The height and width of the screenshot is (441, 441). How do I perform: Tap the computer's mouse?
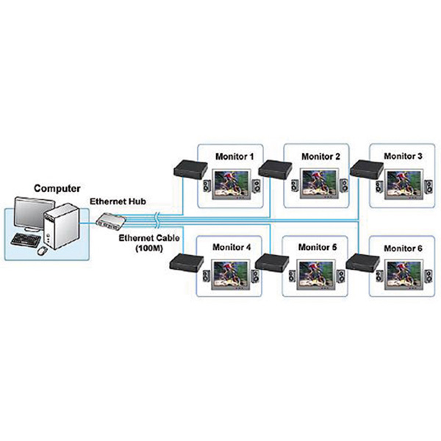tap(42, 250)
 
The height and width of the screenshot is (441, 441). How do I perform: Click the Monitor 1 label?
tap(233, 157)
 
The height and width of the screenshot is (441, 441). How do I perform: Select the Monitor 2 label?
tap(320, 157)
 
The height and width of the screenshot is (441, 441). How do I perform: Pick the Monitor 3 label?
tap(403, 157)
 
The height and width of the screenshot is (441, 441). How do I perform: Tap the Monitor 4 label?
tap(233, 248)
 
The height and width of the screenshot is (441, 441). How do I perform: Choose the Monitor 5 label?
tap(318, 248)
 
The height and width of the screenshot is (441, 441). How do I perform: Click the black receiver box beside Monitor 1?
tap(188, 168)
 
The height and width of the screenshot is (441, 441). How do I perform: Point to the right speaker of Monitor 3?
tap(425, 187)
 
